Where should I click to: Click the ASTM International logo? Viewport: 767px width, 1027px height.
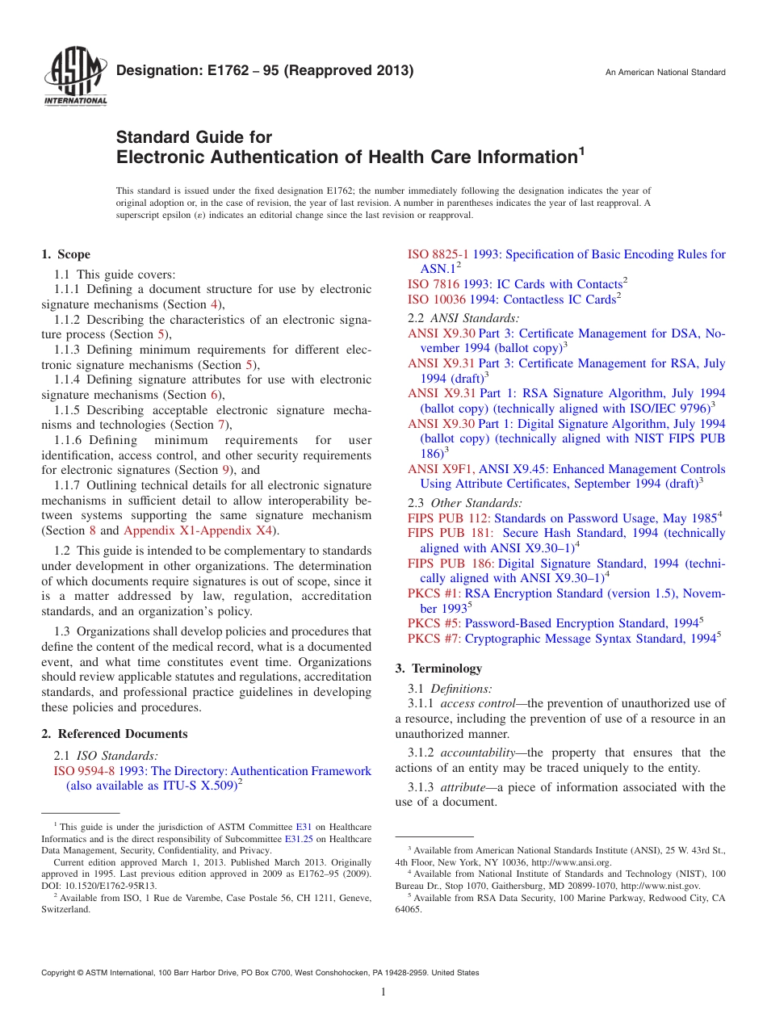(74, 77)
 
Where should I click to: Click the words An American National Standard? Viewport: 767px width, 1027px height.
(665, 73)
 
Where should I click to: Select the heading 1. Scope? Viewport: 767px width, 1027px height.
(65, 254)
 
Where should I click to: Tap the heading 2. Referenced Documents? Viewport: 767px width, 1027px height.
(115, 734)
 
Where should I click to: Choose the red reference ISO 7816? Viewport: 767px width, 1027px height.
(429, 284)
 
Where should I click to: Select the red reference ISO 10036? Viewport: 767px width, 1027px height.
(433, 300)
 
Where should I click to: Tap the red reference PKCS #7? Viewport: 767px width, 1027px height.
(434, 639)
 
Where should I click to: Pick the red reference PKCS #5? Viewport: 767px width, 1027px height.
(434, 623)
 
